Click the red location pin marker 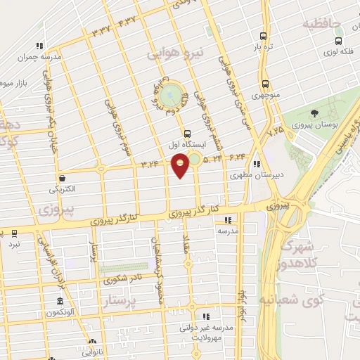coord(181,164)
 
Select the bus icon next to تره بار coord(264,37)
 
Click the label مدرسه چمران coord(40,56)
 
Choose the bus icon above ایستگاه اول coord(186,133)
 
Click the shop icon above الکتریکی coord(64,179)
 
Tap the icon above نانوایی coord(91,342)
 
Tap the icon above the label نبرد coord(14,232)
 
